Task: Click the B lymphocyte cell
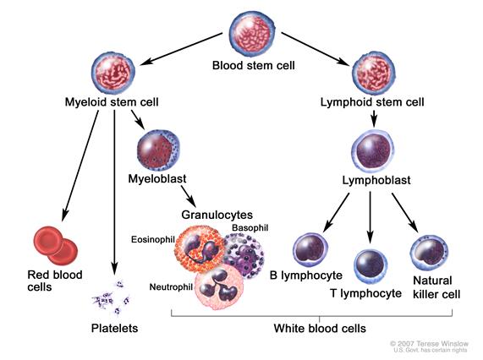(x=310, y=250)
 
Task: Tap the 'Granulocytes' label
(x=216, y=215)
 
